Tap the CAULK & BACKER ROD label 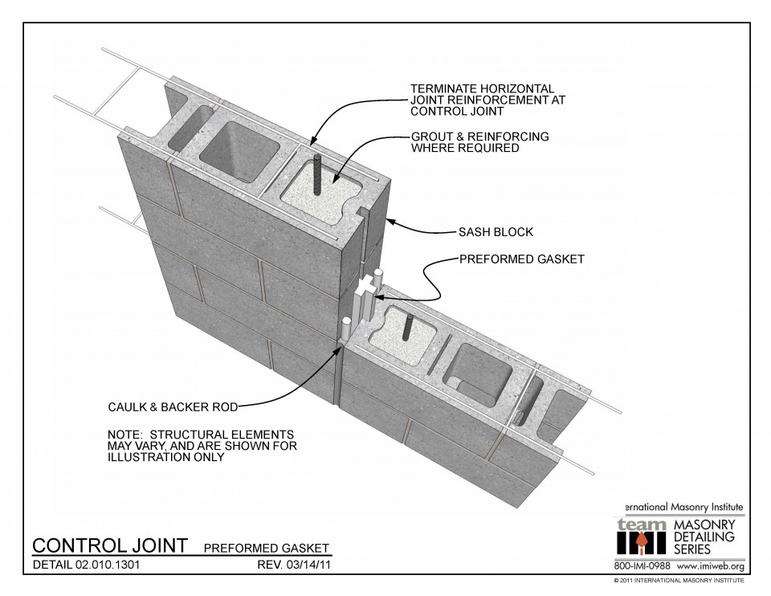(172, 406)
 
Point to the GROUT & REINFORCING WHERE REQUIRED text (479, 142)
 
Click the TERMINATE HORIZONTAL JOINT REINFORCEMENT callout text (476, 100)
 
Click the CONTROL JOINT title (110, 546)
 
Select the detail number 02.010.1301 (112, 565)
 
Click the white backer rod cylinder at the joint (345, 329)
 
